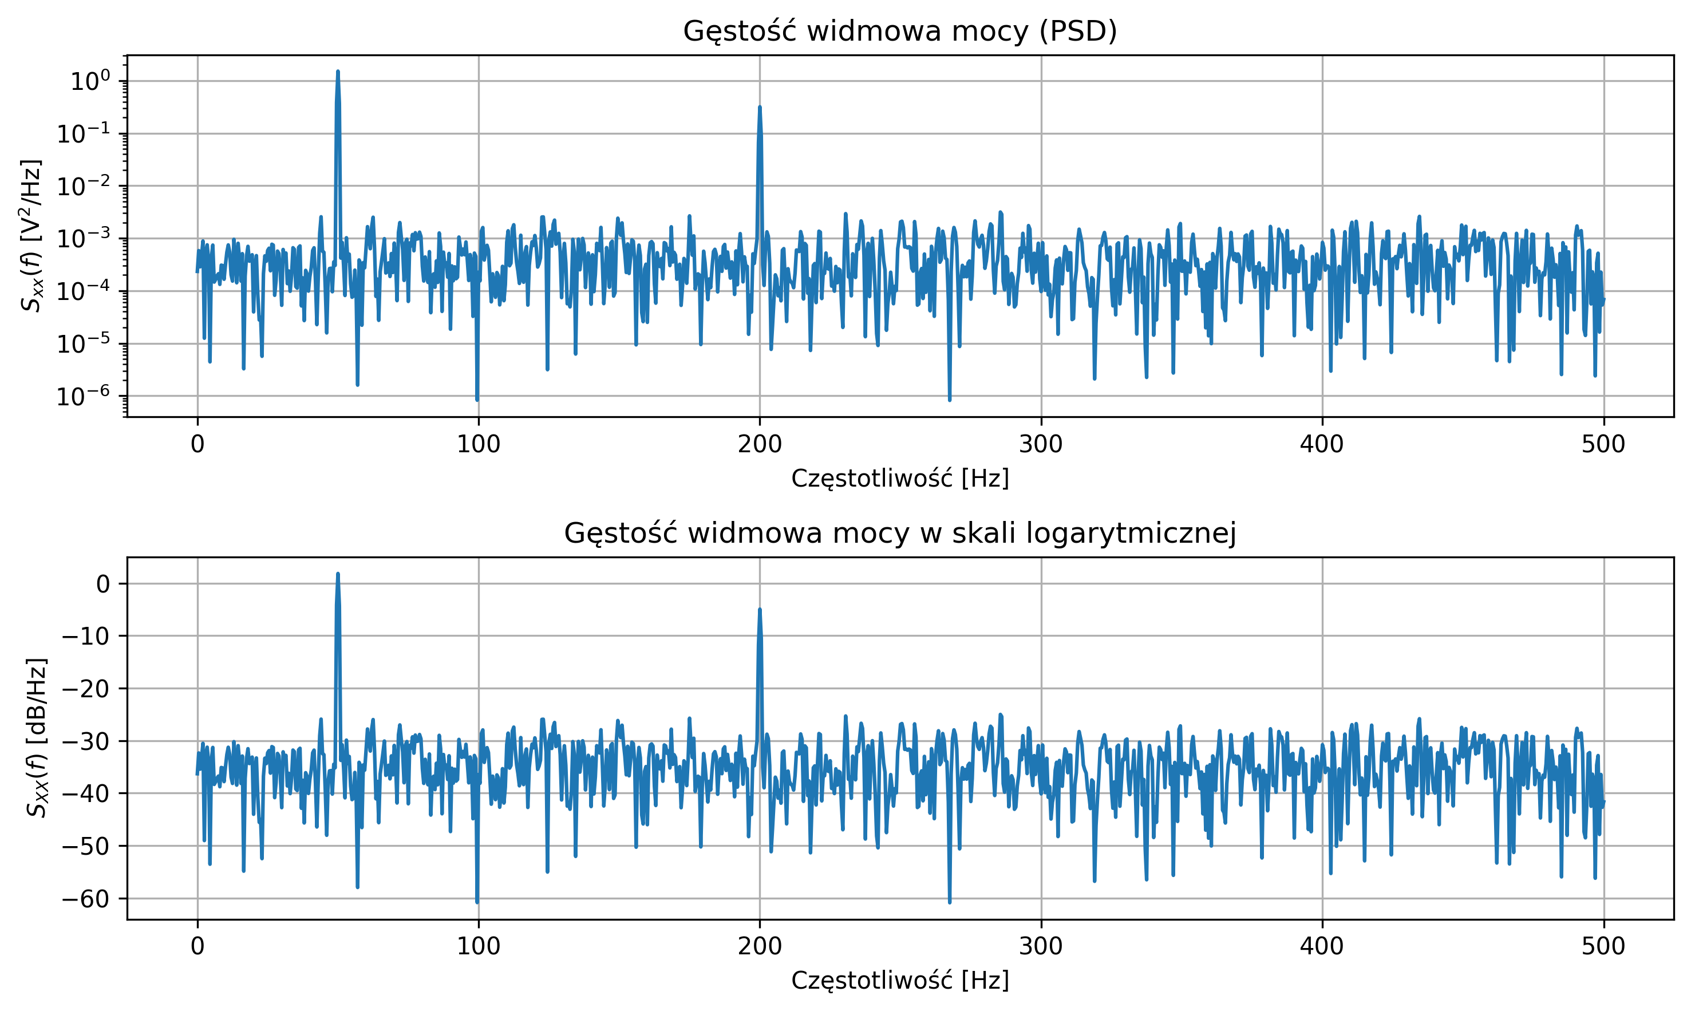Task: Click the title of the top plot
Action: tap(900, 31)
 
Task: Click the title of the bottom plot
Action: tap(900, 533)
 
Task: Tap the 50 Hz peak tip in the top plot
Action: tap(338, 72)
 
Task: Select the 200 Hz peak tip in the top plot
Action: tap(760, 108)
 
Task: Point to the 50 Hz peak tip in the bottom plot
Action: tap(338, 574)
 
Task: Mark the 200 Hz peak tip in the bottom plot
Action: tap(760, 610)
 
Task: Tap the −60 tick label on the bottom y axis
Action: tap(86, 899)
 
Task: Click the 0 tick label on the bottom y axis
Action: tap(103, 584)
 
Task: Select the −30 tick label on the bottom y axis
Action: tap(86, 741)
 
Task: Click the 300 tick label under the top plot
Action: tap(1041, 445)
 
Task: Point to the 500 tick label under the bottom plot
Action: tap(1603, 947)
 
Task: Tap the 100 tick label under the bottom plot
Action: tap(478, 947)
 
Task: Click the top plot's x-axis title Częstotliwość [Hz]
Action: tap(900, 479)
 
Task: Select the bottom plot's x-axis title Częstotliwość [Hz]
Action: tap(900, 980)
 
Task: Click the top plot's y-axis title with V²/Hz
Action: tap(31, 236)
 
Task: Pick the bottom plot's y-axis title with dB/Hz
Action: tap(37, 738)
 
